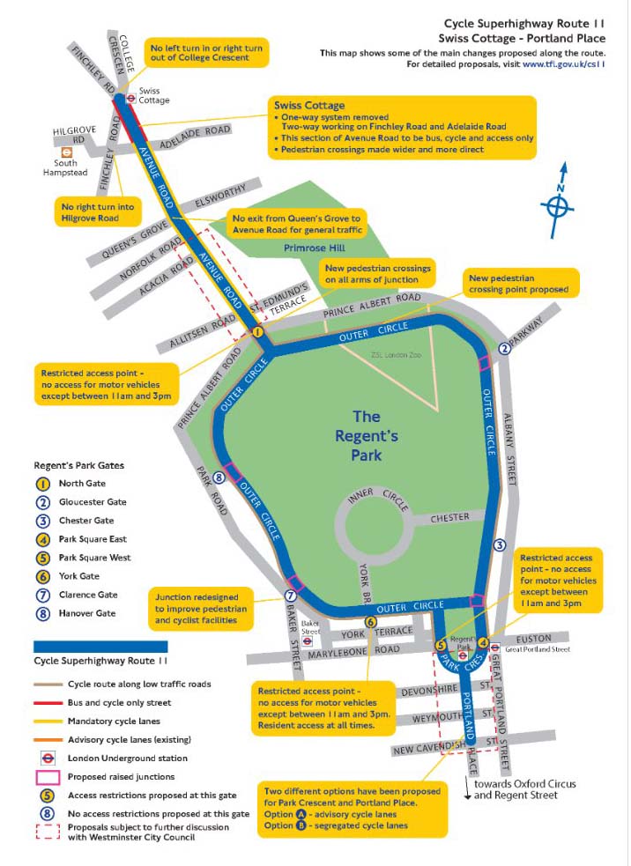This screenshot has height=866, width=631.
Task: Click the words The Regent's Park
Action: coord(367,435)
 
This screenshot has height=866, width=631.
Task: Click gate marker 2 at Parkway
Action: coord(504,348)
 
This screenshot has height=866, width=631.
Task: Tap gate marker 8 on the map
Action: coord(219,478)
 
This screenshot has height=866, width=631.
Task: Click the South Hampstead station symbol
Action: coord(64,151)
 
